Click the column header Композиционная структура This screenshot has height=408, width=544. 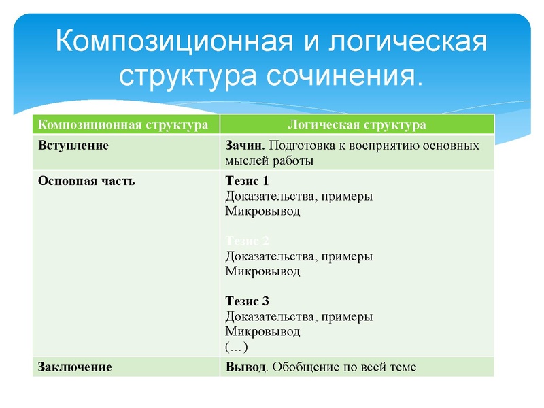(x=123, y=125)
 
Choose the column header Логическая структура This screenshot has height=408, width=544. (x=356, y=125)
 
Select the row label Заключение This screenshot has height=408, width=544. (x=75, y=367)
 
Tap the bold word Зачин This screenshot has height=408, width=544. (x=244, y=146)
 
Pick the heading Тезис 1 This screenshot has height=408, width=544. (x=247, y=182)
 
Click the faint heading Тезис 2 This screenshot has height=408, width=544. (x=247, y=241)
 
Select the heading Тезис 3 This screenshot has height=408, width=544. (x=247, y=301)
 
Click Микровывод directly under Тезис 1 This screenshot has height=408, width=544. (x=262, y=211)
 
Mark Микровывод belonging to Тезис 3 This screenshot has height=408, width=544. (x=262, y=332)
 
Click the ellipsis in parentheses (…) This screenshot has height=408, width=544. (x=236, y=347)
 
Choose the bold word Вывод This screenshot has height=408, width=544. (x=243, y=367)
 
